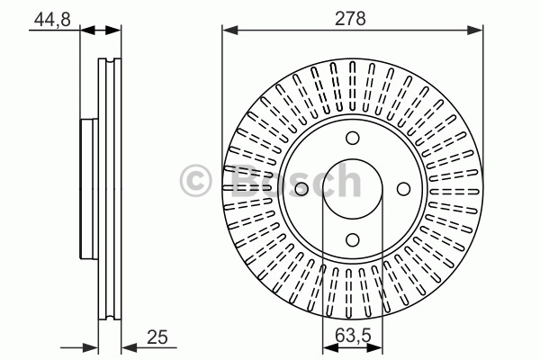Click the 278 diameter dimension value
click(350, 19)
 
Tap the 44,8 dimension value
click(52, 19)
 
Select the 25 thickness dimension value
click(157, 337)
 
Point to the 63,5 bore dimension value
click(353, 335)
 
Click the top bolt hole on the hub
click(352, 138)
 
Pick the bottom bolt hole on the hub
click(352, 239)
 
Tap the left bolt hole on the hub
click(301, 189)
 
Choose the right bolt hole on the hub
click(403, 189)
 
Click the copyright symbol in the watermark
click(195, 181)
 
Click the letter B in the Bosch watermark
click(245, 180)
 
